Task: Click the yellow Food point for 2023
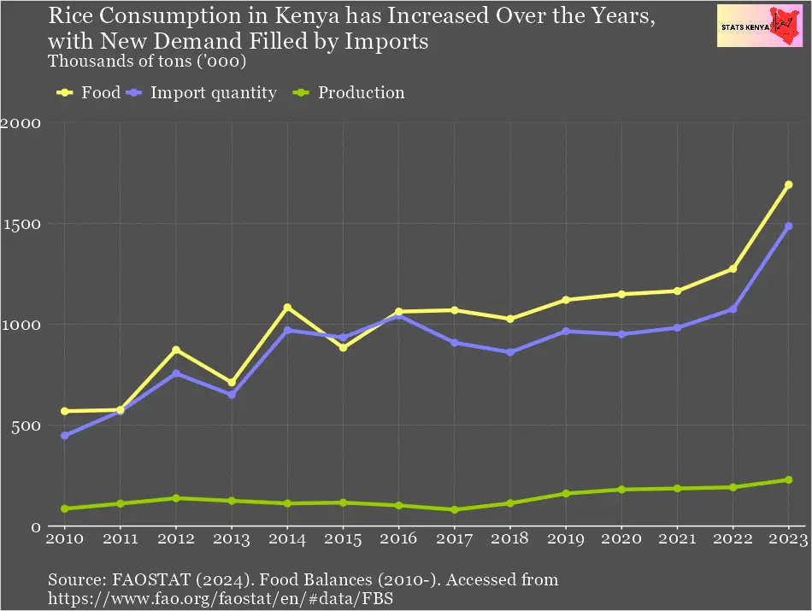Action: click(x=788, y=185)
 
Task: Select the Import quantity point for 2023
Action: click(x=788, y=226)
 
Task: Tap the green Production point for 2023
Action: click(x=788, y=480)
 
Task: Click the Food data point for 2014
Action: click(x=288, y=308)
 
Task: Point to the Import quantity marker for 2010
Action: click(x=65, y=436)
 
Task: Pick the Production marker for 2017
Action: click(x=455, y=510)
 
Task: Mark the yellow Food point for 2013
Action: click(x=232, y=383)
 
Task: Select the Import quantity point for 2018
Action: click(x=510, y=352)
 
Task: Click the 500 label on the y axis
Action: click(x=25, y=426)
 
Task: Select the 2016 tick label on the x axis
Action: click(x=398, y=539)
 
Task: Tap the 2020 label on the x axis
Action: click(x=621, y=539)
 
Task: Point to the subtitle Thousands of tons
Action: click(x=148, y=62)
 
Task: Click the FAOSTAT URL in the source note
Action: click(x=220, y=600)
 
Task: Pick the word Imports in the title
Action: click(x=388, y=40)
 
